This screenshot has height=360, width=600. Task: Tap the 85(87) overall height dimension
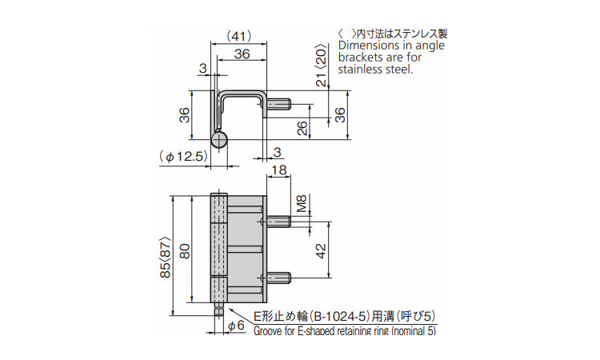(x=166, y=255)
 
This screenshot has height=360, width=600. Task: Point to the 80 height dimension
(x=185, y=252)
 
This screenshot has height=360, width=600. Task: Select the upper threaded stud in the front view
(x=279, y=221)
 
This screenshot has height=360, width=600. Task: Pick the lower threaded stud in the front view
(x=279, y=279)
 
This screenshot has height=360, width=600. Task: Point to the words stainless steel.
(x=376, y=70)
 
